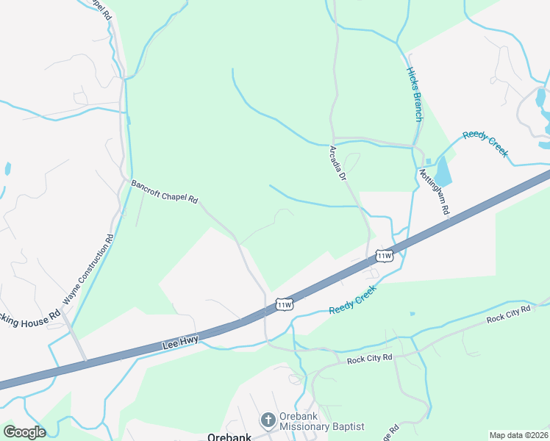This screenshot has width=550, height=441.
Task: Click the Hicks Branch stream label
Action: (x=415, y=94)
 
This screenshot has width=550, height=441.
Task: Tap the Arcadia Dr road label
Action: (x=337, y=163)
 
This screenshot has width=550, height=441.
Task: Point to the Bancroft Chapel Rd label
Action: (x=165, y=190)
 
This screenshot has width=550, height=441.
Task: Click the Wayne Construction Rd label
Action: (x=90, y=269)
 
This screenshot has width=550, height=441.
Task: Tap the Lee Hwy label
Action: (x=179, y=342)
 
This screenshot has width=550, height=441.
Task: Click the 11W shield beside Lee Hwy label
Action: (x=285, y=304)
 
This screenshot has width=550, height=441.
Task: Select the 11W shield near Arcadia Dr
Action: (x=385, y=256)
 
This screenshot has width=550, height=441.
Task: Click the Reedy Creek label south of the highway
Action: (x=352, y=299)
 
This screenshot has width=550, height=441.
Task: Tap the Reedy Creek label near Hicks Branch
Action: (x=485, y=143)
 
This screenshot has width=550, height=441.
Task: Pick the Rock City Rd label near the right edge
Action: (x=508, y=314)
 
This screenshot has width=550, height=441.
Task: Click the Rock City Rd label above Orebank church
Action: (x=370, y=359)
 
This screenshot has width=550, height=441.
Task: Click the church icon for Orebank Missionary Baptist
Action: (x=268, y=420)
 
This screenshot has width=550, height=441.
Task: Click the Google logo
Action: (x=24, y=431)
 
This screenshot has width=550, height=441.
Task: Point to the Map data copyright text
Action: (x=518, y=435)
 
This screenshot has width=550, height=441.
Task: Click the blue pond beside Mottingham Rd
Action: (x=443, y=172)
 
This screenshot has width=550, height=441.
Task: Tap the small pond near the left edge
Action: (x=7, y=169)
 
